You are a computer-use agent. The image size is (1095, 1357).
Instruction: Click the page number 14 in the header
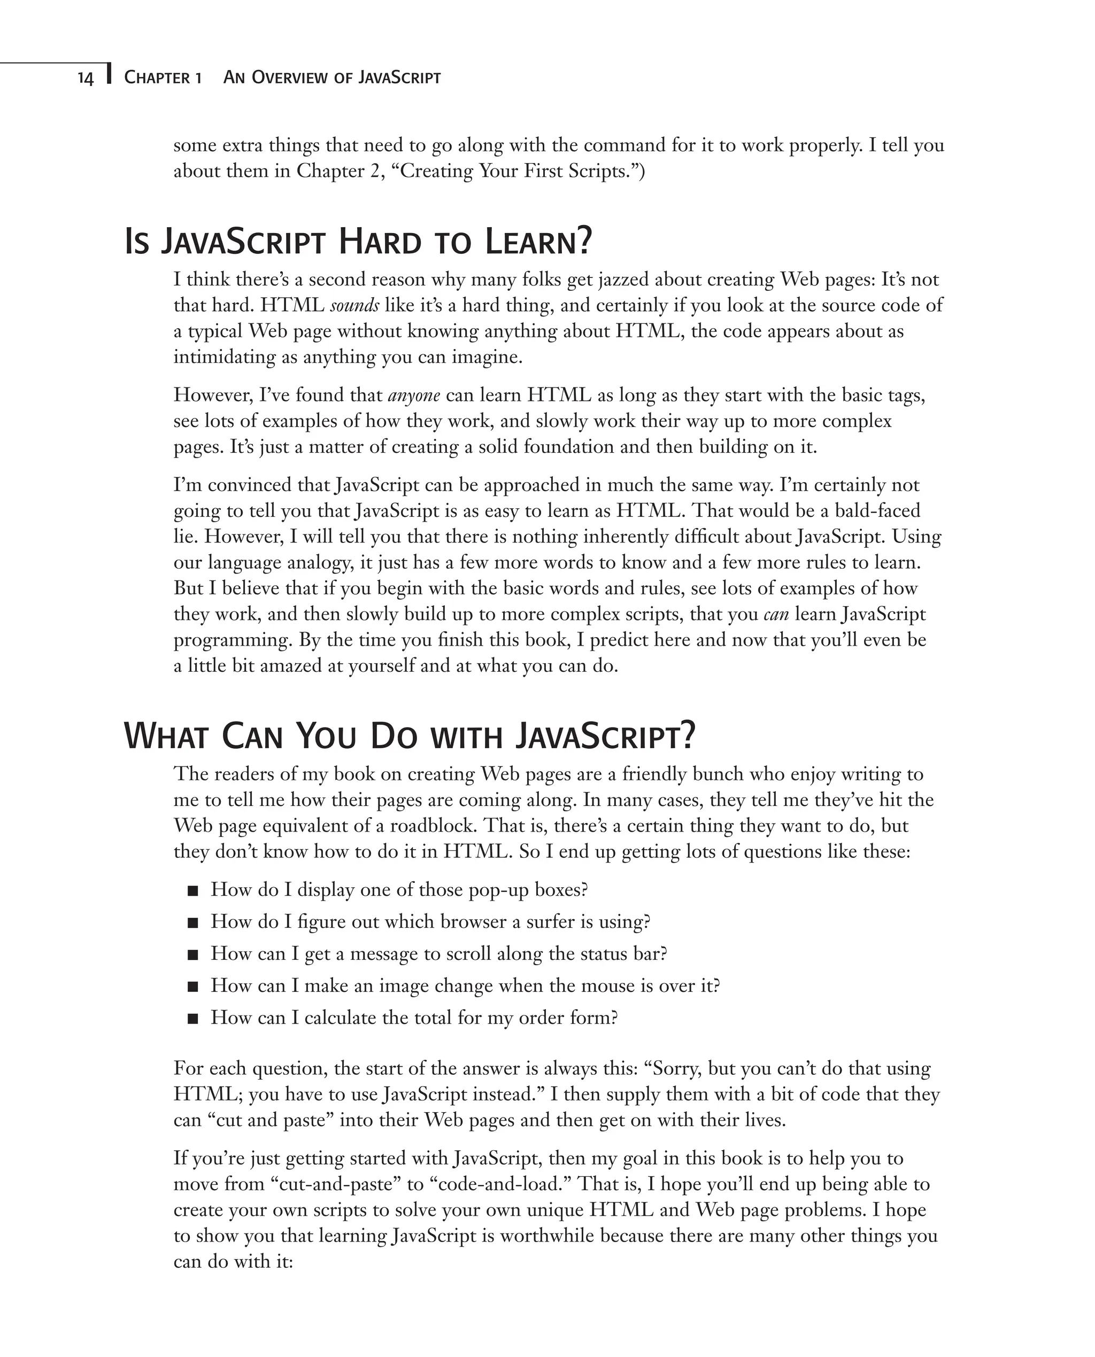(85, 78)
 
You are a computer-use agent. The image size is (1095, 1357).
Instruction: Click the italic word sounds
(354, 306)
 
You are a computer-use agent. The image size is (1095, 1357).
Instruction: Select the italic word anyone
(414, 396)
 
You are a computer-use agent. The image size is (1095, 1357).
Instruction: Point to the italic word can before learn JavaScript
(776, 614)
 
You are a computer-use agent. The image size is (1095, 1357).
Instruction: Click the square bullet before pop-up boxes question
(193, 891)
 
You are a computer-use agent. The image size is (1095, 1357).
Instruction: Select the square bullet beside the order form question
(193, 1018)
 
